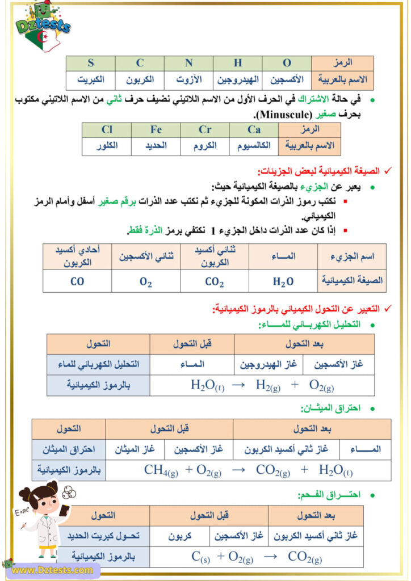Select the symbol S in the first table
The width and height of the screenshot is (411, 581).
point(90,63)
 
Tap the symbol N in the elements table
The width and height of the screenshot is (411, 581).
point(188,63)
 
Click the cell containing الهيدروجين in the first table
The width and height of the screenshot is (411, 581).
point(238,79)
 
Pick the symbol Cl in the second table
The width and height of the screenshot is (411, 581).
point(107,130)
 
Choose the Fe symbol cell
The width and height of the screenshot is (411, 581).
point(156,130)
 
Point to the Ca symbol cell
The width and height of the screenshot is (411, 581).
point(254,130)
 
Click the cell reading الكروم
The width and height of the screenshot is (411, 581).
point(205,146)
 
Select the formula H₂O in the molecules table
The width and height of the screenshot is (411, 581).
point(283,280)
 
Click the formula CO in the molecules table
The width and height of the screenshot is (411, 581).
point(77,280)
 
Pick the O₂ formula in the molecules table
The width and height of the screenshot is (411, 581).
point(146,280)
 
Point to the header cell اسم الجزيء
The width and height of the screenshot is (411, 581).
point(352,256)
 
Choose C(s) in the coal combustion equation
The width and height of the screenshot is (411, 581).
point(200,557)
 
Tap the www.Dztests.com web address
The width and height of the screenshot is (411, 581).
point(52,570)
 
